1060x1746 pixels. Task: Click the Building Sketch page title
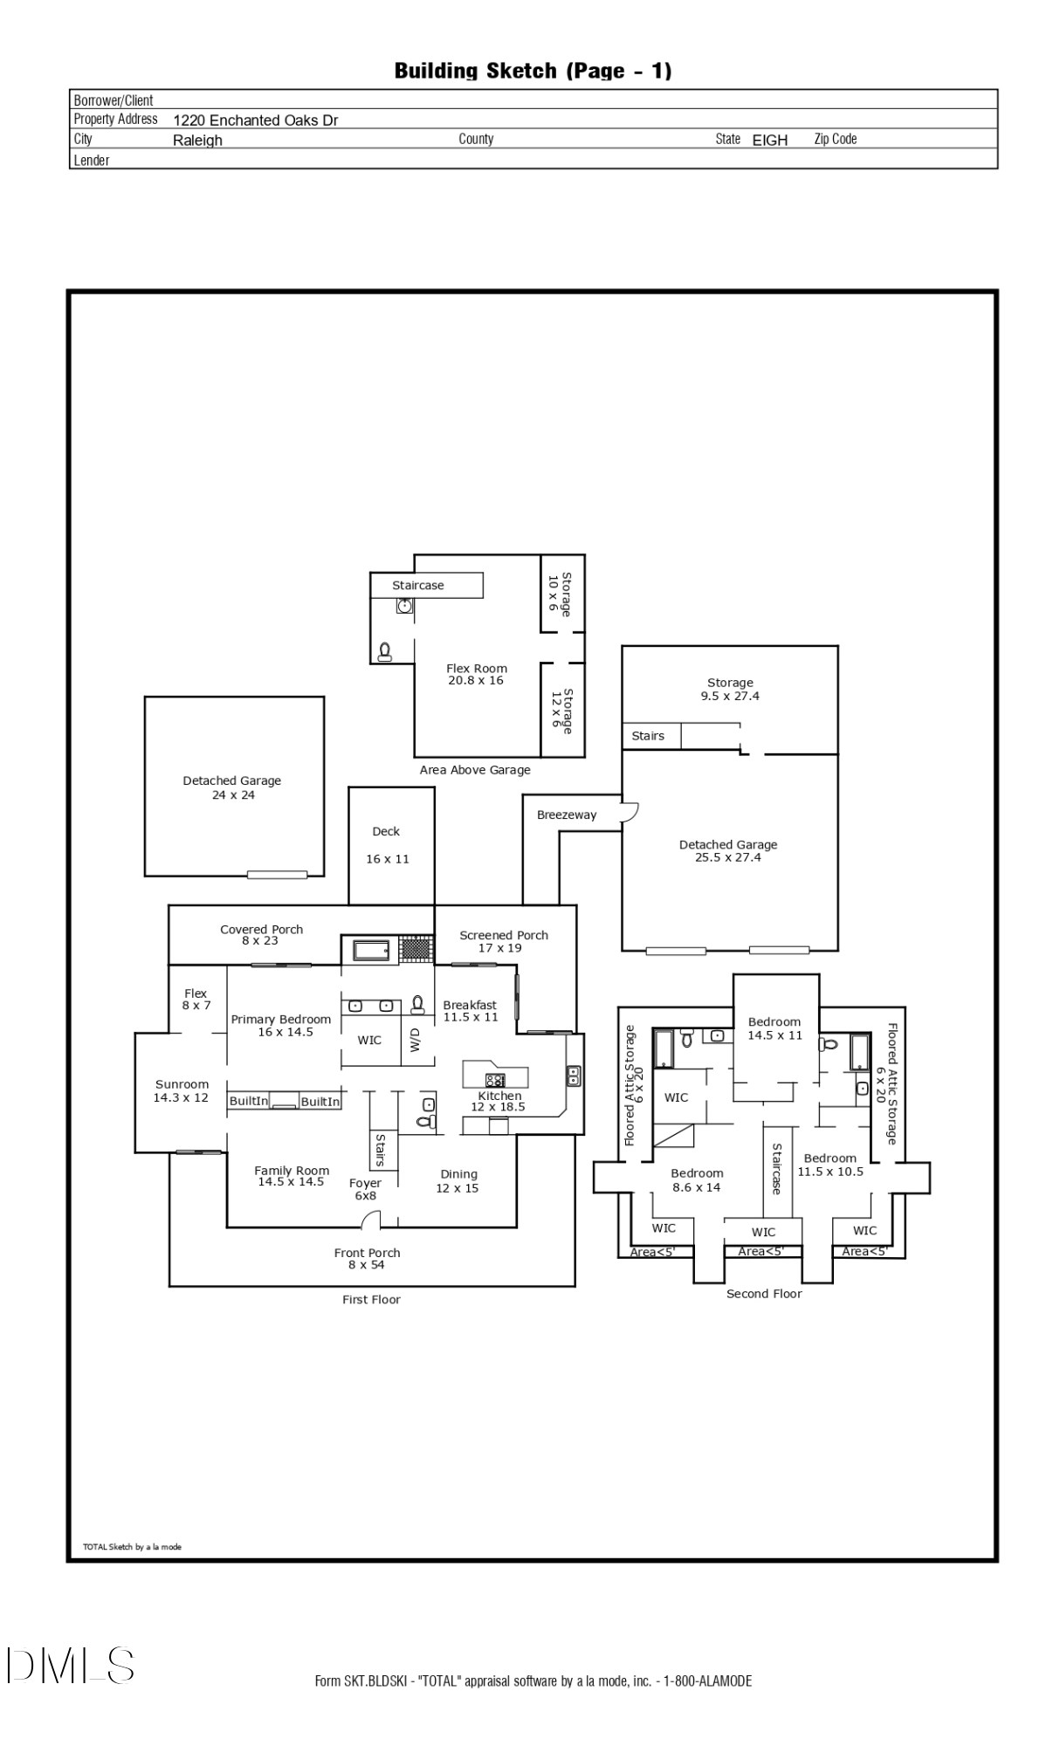533,71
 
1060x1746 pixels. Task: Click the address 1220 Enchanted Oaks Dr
255,120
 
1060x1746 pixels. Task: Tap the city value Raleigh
197,141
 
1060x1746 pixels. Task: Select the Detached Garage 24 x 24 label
232,787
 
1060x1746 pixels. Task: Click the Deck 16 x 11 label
386,845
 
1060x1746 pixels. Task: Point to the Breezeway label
567,815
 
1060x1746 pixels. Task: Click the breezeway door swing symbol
630,812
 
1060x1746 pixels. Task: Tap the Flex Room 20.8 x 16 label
476,674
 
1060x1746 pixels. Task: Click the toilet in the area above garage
384,650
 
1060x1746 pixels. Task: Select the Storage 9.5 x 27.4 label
730,689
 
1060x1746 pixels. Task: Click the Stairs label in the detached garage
648,736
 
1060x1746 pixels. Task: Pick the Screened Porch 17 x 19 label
504,941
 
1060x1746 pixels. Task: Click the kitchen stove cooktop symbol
495,1079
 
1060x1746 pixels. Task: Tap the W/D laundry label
416,1040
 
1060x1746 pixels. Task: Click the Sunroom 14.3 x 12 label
182,1090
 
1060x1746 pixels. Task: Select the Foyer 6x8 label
365,1189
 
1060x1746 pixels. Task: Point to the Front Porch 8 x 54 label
367,1258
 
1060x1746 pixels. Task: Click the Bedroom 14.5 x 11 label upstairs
774,1028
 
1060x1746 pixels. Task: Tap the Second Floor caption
764,1294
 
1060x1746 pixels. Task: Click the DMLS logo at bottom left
70,1666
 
